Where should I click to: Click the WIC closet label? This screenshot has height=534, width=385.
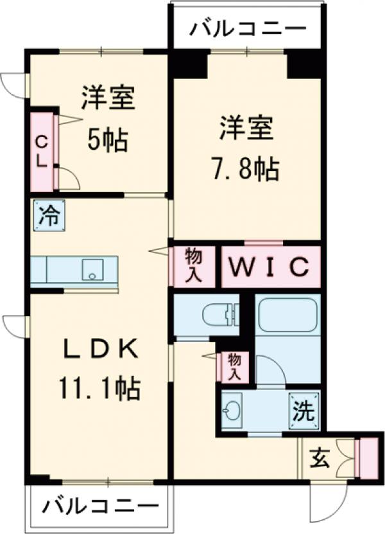(x=270, y=265)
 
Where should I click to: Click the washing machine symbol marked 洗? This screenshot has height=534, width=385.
(x=302, y=409)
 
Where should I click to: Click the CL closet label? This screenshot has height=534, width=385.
(x=40, y=152)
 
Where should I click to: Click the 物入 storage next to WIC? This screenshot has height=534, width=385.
(x=194, y=265)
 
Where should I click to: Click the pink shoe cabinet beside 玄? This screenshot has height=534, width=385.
(x=368, y=457)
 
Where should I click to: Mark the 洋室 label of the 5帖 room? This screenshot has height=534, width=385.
(x=107, y=100)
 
